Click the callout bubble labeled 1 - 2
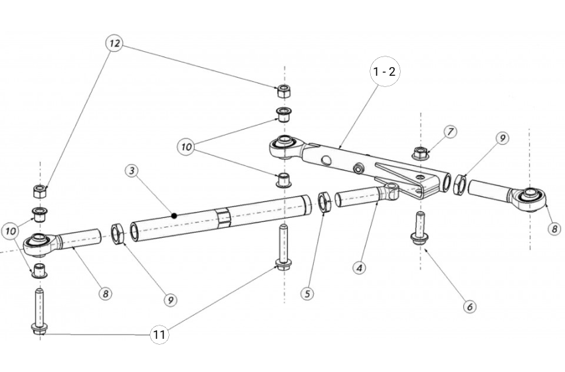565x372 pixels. (385, 72)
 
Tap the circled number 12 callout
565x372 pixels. (114, 44)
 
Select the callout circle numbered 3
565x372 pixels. (132, 171)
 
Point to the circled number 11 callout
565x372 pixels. (159, 335)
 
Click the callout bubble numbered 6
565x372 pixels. (469, 306)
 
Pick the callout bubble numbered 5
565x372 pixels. (306, 292)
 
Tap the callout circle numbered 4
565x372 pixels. (360, 268)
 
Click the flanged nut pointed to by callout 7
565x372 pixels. (419, 152)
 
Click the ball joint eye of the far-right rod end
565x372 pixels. (531, 197)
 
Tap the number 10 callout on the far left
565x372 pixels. (11, 231)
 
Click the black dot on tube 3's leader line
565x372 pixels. (174, 215)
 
